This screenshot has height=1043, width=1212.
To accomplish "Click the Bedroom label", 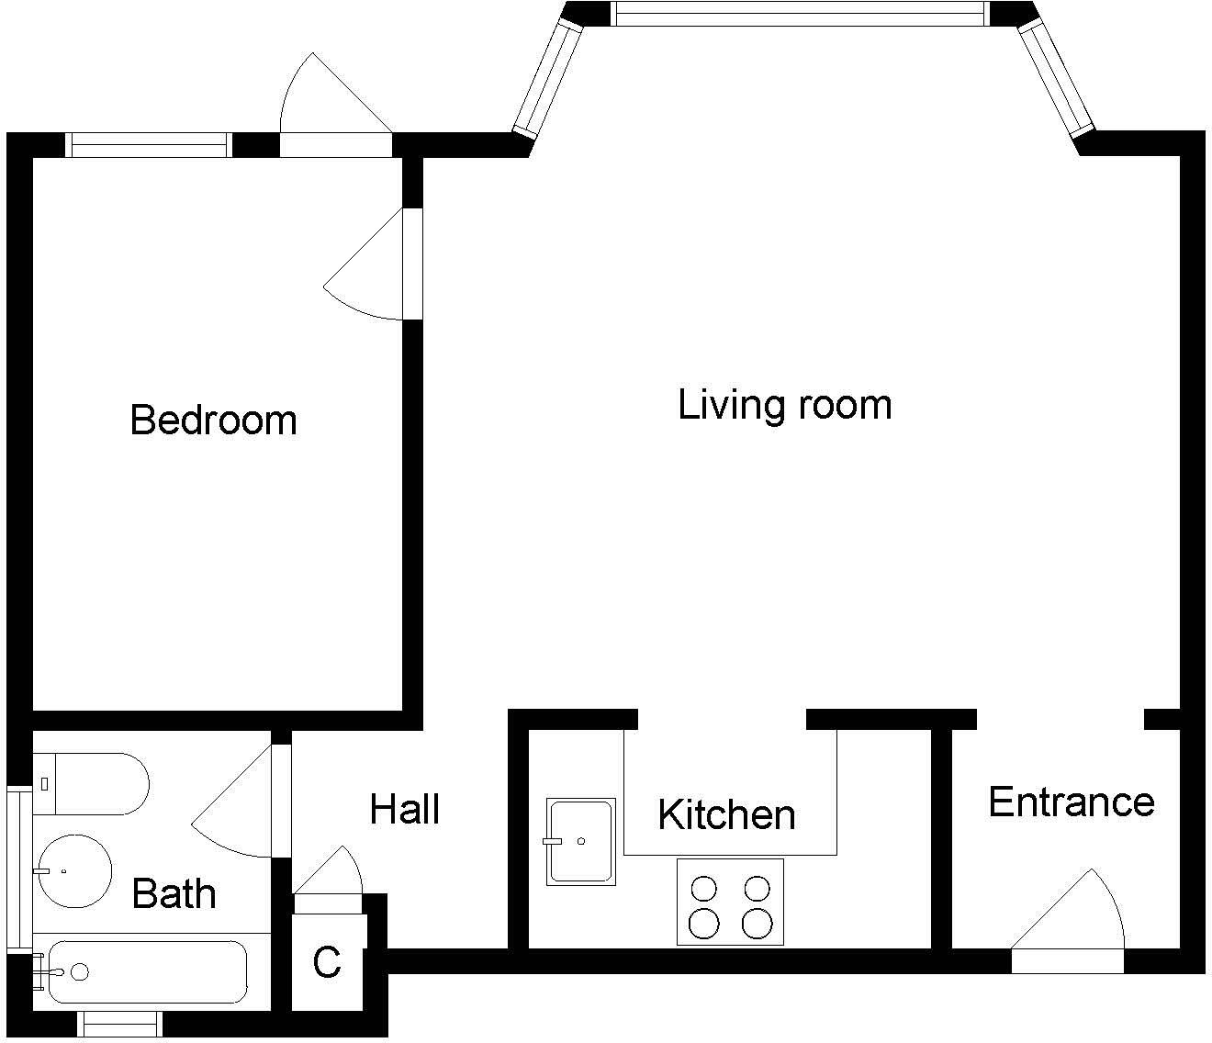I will click(213, 420).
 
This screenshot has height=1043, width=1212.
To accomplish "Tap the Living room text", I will click(784, 405).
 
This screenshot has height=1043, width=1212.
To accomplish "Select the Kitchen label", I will click(726, 814).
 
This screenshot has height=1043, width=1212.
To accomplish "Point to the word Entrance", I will click(1071, 802).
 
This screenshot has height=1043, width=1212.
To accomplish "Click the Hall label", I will click(405, 809).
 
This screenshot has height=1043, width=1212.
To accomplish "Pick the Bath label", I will click(174, 893).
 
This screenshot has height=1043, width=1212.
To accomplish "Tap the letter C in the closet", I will click(327, 962).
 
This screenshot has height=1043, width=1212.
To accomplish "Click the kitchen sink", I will click(580, 841).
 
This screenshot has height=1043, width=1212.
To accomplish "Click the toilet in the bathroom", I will click(92, 783).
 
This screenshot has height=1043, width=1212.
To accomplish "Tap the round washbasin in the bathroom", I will click(73, 870).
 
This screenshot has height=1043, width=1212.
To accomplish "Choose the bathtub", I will click(147, 971).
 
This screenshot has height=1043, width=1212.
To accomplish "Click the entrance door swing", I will click(1074, 914).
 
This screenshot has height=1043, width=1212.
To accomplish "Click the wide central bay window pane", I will click(799, 13).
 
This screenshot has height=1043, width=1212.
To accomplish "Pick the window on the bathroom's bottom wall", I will click(119, 1023).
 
